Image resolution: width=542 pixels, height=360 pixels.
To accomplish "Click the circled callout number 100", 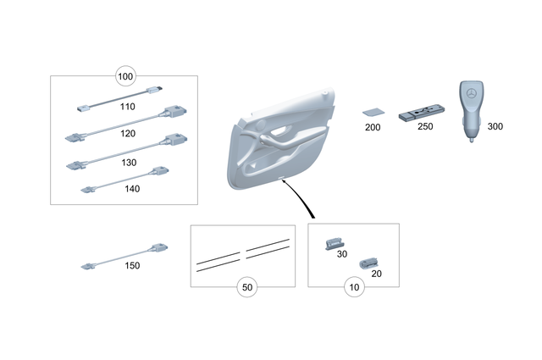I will coord(125,77).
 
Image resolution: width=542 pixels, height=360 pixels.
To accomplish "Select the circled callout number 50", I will coord(246,287).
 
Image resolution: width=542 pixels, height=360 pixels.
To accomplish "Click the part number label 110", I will coord(127,108).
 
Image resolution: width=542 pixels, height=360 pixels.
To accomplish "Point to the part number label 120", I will coord(127,134).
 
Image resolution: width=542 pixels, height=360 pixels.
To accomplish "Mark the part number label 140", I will coord(131,189).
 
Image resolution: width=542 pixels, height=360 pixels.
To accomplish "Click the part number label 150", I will coord(131,265).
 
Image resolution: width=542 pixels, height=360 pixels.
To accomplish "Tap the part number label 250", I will coord(425,126).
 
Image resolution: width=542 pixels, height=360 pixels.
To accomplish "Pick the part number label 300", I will coord(495,126).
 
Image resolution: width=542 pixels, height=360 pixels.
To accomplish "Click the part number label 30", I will coord(343,252).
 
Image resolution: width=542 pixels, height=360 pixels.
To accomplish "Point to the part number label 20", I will coord(377,273).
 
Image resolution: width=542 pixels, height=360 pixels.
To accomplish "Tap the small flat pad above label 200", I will coord(372,111).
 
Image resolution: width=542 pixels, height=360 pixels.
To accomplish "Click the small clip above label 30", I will coord(333,244).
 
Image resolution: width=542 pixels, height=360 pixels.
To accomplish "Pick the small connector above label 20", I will coord(368,263).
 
